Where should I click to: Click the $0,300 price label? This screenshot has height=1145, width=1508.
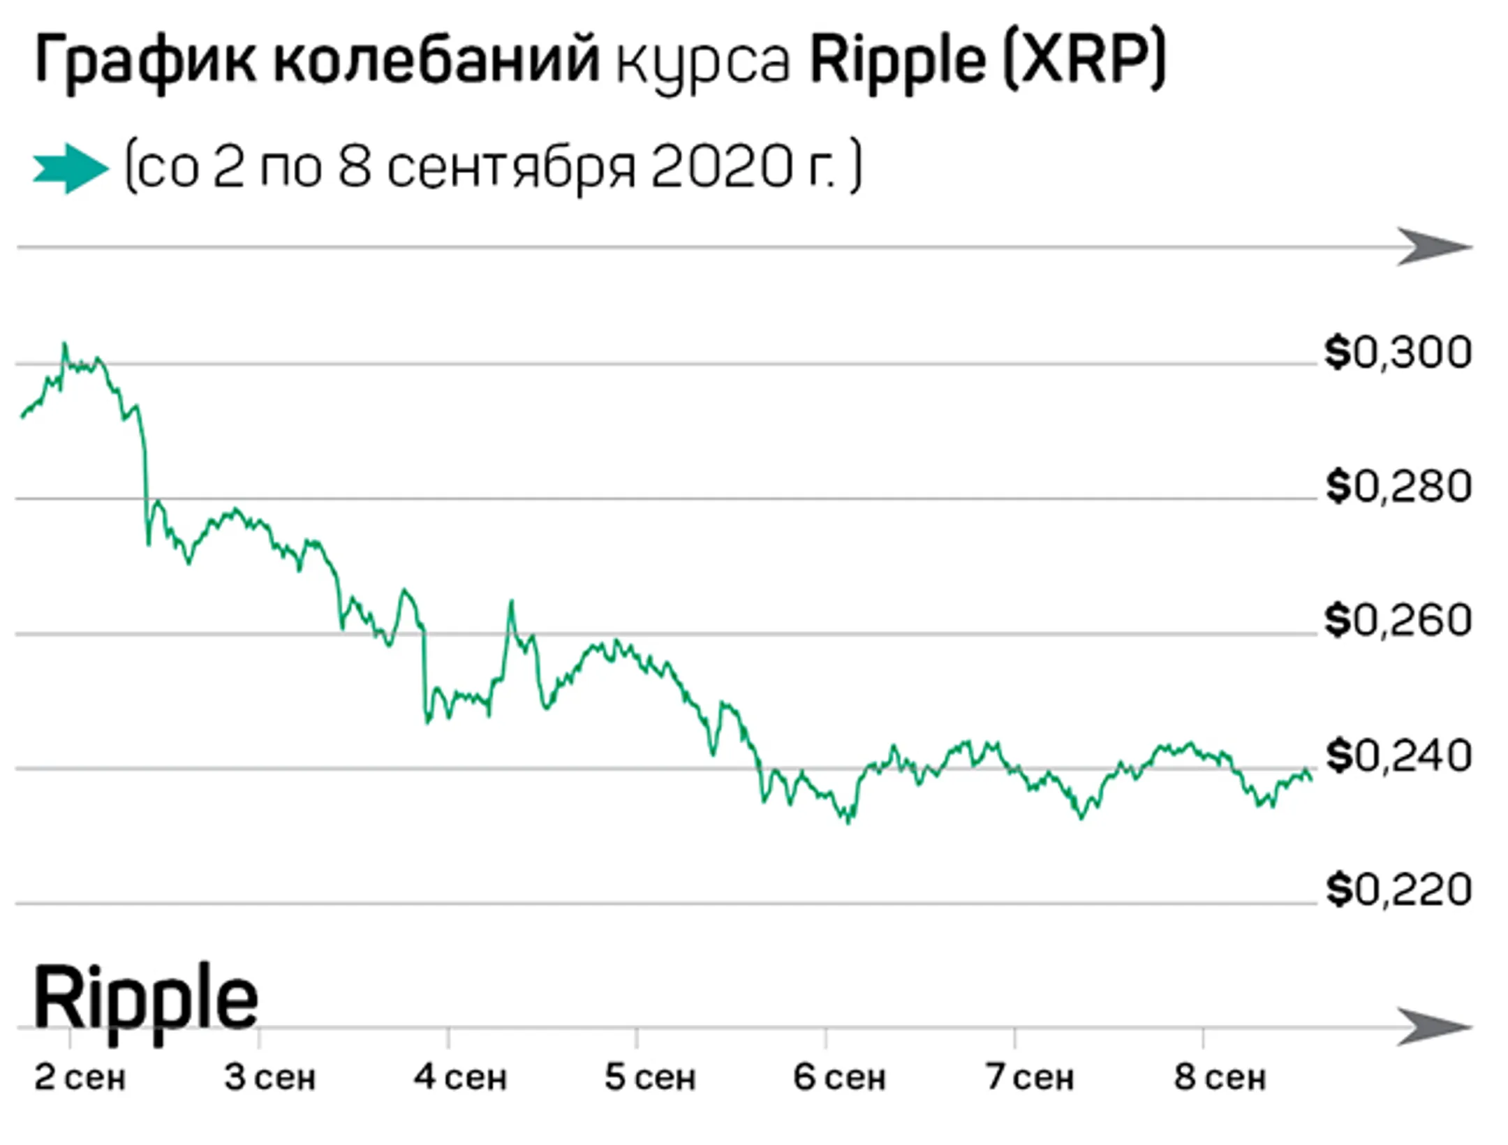click(1398, 353)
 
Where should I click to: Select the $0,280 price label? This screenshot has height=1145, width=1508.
click(1398, 487)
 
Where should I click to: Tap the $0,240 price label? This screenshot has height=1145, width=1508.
click(1398, 756)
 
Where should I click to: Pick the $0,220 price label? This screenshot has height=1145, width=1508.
click(1398, 890)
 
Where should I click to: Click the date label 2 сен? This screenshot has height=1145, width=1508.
click(80, 1077)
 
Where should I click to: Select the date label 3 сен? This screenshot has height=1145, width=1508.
click(270, 1077)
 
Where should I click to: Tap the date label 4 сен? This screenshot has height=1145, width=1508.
click(460, 1077)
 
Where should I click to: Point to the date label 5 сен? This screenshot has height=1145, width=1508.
click(650, 1077)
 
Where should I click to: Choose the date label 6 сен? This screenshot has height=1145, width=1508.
click(839, 1077)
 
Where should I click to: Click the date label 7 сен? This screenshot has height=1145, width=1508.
click(1029, 1077)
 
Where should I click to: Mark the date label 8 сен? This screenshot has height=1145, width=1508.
click(1219, 1077)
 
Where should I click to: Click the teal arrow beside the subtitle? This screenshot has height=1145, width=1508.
click(71, 168)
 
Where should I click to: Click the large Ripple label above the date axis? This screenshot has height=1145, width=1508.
click(145, 999)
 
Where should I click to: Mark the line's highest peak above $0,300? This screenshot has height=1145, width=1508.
click(65, 344)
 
